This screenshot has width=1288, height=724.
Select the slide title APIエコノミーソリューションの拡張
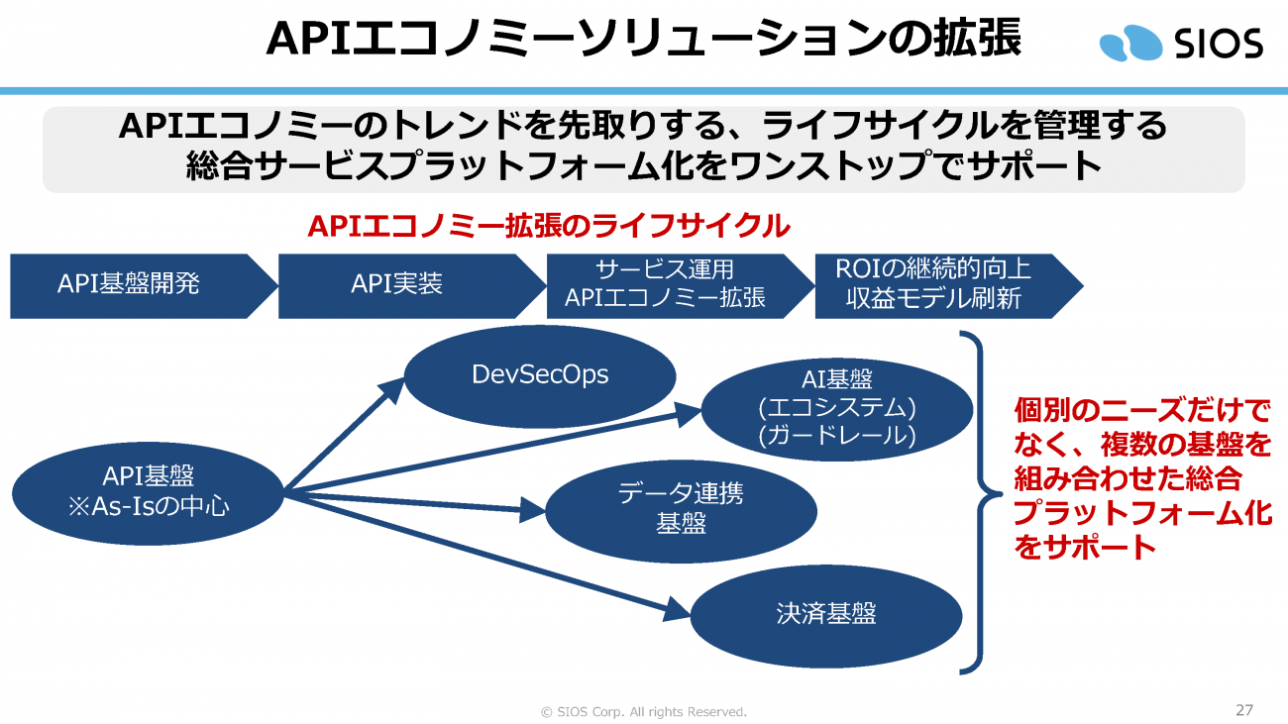click(644, 40)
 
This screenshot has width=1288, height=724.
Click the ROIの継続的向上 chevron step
click(936, 285)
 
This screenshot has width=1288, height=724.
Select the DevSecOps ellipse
click(540, 376)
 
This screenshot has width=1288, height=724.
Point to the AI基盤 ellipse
click(837, 406)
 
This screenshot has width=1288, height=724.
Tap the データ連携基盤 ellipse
click(681, 510)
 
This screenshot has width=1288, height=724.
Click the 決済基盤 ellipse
click(825, 615)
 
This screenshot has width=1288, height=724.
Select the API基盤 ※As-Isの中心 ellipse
click(149, 491)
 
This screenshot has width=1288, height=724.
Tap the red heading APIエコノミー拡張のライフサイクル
click(549, 226)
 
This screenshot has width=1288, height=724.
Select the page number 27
click(1244, 710)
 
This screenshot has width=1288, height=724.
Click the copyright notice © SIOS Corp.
click(643, 711)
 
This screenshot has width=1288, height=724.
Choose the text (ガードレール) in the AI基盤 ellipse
click(837, 436)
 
